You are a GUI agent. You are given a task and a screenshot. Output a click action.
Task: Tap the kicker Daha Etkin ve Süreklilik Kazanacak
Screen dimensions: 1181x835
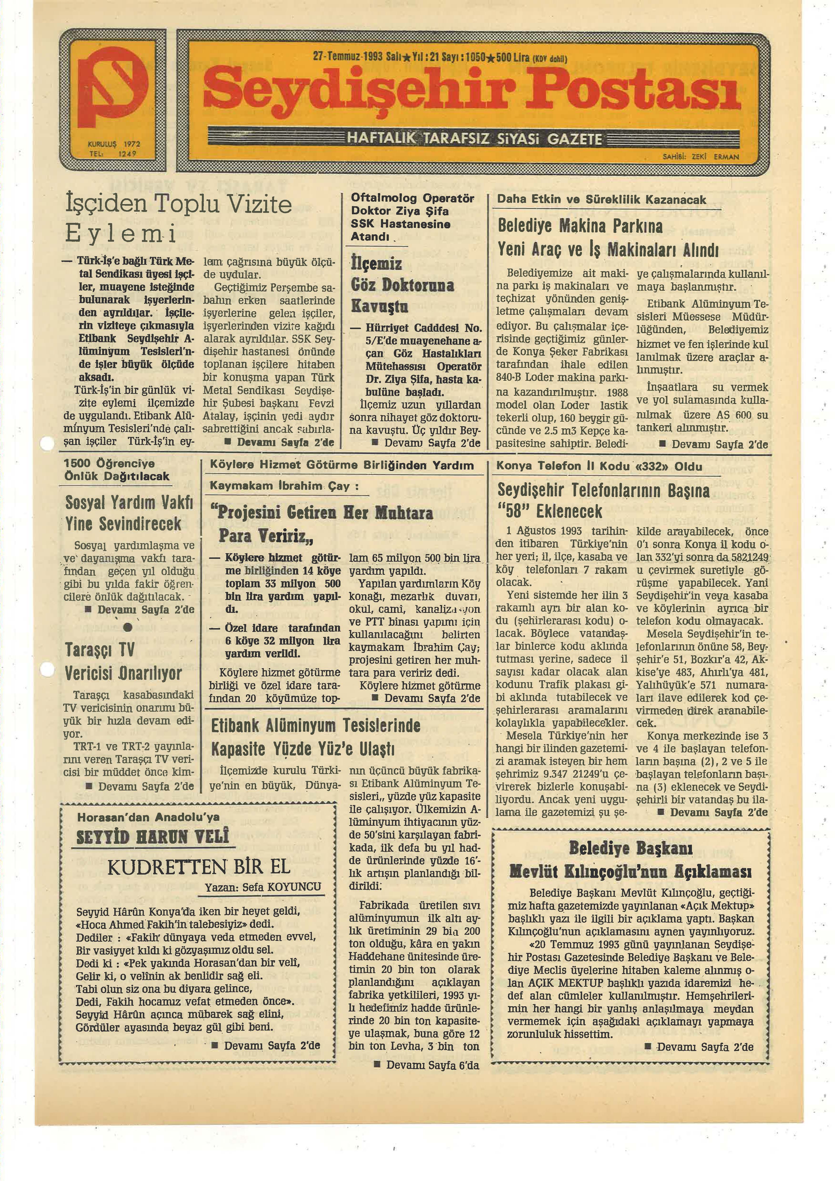pos(601,200)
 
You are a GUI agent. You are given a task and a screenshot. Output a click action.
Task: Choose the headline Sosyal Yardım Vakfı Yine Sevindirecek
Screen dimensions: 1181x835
pos(129,513)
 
